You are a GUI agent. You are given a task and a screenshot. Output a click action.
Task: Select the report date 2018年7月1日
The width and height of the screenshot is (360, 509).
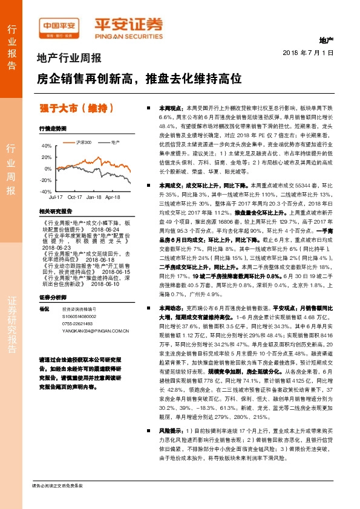coord(309,53)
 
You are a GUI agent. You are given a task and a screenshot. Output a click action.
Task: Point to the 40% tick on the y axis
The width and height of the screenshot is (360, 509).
coord(46,146)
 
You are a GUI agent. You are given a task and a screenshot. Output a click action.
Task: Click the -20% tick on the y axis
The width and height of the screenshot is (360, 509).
coord(45,180)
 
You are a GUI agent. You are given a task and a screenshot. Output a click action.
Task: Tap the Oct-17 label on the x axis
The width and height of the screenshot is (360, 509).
coord(75,197)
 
